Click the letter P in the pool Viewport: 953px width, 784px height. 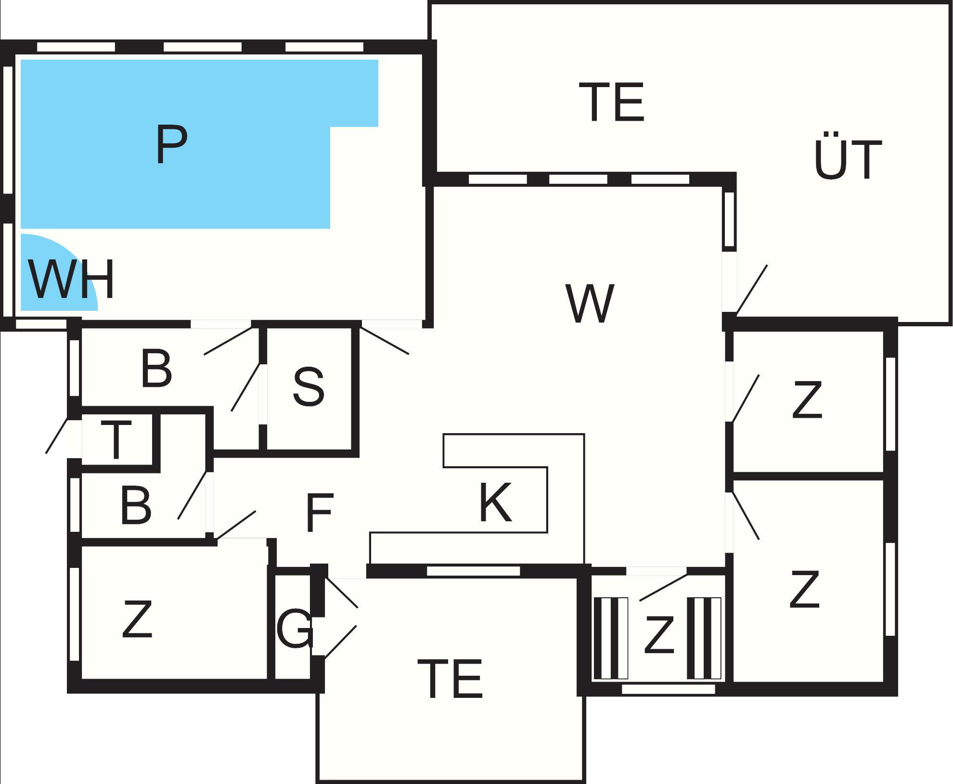tap(171, 144)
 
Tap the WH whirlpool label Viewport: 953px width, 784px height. tap(71, 279)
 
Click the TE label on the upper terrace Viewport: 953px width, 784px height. tap(612, 102)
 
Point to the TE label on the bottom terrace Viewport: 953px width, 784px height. tap(450, 679)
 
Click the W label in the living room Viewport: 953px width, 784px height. tap(590, 304)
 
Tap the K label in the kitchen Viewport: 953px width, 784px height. tap(496, 503)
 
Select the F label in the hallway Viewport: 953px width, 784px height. tap(319, 513)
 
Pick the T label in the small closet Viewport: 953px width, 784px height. tap(116, 439)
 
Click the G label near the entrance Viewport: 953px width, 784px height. tap(295, 628)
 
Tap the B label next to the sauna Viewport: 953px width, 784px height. tap(156, 369)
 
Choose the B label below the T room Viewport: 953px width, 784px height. tap(136, 506)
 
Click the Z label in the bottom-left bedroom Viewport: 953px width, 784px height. tap(138, 619)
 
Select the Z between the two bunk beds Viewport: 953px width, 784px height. tap(658, 635)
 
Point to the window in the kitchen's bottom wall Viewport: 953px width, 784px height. tap(474, 571)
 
